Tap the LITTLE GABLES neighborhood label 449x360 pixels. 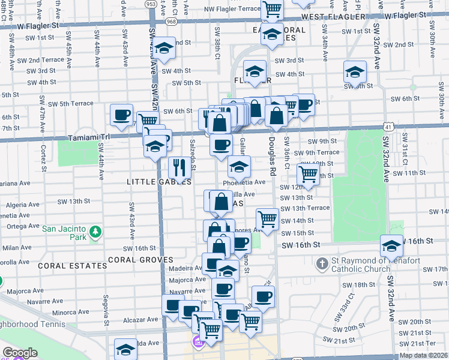[159, 181]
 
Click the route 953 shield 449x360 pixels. [151, 4]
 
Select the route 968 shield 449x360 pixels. [172, 22]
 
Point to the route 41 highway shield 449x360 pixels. [390, 126]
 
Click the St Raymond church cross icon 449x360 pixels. [322, 263]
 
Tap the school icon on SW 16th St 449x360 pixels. [391, 245]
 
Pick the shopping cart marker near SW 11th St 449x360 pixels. [308, 174]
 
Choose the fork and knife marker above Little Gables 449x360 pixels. [179, 166]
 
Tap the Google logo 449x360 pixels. [20, 353]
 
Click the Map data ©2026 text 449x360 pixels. [423, 355]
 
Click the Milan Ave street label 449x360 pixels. [17, 247]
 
